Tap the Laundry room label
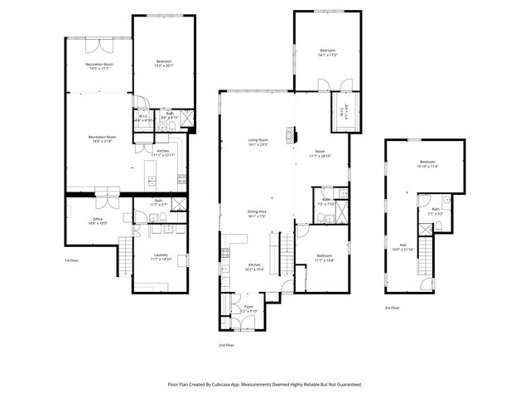pyautogui.click(x=160, y=258)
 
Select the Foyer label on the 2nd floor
pyautogui.click(x=248, y=308)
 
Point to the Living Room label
pyautogui.click(x=258, y=143)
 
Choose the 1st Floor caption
pyautogui.click(x=72, y=260)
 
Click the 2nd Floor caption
pyautogui.click(x=226, y=344)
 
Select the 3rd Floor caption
pyautogui.click(x=393, y=308)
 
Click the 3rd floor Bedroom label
pyautogui.click(x=426, y=163)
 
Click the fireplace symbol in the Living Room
pyautogui.click(x=289, y=135)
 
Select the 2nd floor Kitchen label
pyautogui.click(x=253, y=267)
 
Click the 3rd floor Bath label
pyautogui.click(x=434, y=212)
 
